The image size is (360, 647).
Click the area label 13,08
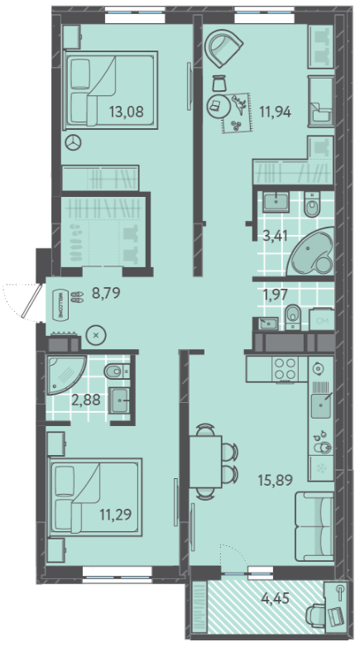click(x=127, y=112)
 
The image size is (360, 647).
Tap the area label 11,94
click(x=275, y=112)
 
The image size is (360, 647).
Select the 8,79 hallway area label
click(x=106, y=294)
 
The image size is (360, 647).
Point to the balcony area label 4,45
click(x=276, y=597)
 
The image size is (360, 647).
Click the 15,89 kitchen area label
click(x=275, y=480)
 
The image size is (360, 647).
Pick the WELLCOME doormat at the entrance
click(x=60, y=304)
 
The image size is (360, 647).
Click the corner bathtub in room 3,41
click(x=310, y=252)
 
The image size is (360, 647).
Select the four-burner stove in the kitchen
click(x=286, y=369)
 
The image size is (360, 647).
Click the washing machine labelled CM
click(x=322, y=319)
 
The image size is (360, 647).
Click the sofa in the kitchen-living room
click(x=314, y=525)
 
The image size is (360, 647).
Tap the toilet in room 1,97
click(x=292, y=317)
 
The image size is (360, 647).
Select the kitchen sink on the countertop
click(x=321, y=405)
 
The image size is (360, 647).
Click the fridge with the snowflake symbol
click(x=321, y=468)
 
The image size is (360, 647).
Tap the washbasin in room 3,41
click(x=276, y=202)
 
